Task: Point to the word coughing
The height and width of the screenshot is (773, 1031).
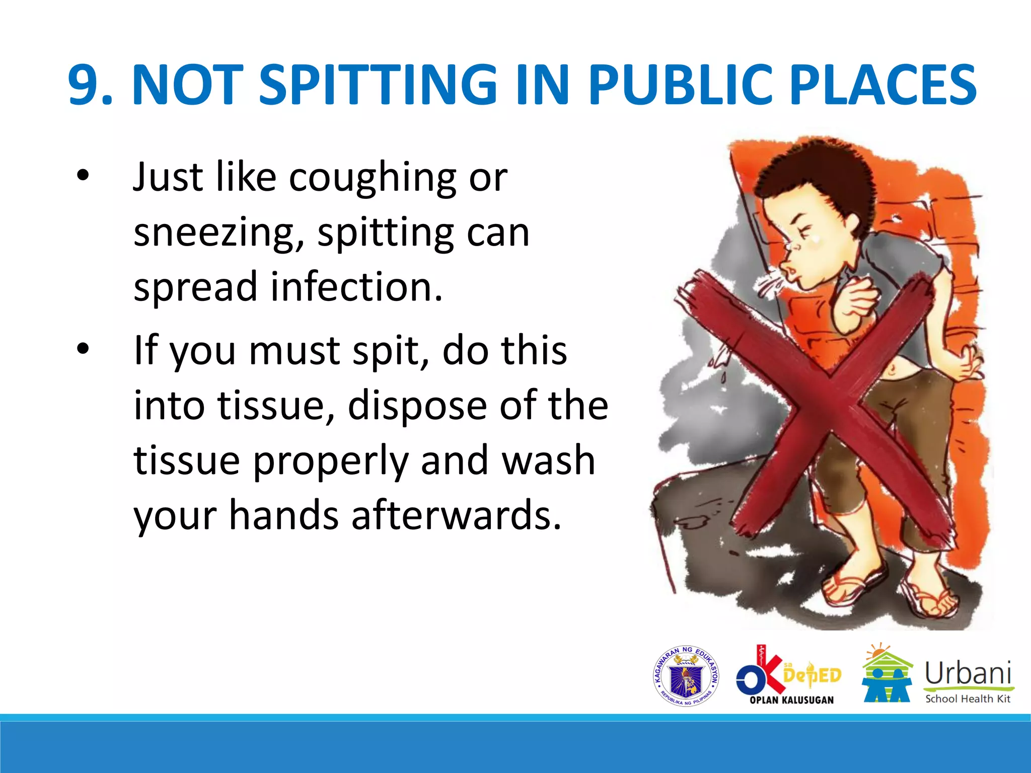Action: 373,179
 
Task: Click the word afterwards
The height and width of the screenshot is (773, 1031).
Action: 456,515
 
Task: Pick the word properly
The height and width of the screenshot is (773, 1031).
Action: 331,461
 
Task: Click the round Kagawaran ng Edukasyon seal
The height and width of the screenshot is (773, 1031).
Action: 686,676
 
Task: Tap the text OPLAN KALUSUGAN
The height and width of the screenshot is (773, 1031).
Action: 791,700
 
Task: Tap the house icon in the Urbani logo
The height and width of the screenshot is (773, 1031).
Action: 887,674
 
